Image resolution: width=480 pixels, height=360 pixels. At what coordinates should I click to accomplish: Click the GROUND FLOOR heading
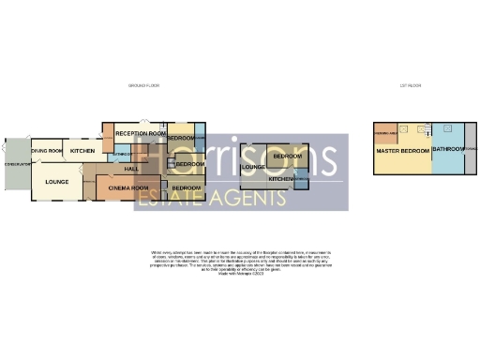tap(144, 85)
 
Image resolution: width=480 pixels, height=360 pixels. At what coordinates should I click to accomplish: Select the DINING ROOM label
tap(47, 151)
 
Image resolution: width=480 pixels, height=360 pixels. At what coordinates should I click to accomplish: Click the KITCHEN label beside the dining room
tap(82, 151)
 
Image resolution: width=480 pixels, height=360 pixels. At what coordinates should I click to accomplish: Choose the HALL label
tap(131, 169)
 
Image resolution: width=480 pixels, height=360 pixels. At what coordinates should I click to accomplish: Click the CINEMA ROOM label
tap(128, 188)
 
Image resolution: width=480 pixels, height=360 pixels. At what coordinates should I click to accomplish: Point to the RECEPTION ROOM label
tap(141, 135)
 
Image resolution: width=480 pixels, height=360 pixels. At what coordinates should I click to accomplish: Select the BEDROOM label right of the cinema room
tap(187, 188)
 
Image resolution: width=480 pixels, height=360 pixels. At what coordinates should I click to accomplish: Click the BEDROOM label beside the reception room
tap(182, 139)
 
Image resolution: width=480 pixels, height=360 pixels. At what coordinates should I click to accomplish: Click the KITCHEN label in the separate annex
tap(282, 178)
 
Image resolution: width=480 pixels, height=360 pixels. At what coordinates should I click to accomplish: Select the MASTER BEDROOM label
tap(403, 150)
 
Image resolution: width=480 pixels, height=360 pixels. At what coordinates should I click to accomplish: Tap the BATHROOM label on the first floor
tap(447, 150)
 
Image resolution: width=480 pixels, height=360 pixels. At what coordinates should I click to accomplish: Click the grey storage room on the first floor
tap(470, 150)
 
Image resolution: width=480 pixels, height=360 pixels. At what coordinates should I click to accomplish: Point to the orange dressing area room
tap(386, 131)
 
